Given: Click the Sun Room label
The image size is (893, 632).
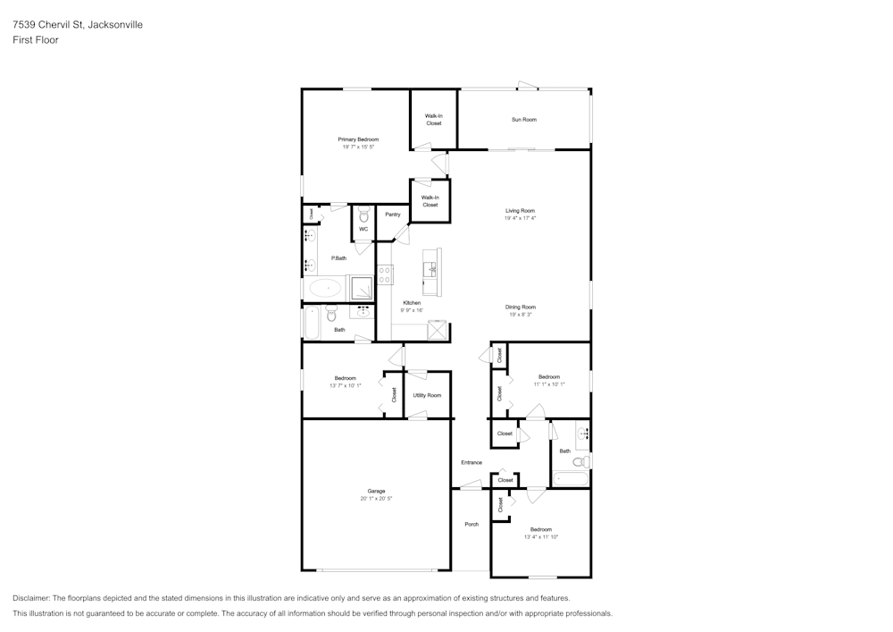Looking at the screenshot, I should point(523,120).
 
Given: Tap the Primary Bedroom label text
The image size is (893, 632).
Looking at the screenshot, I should point(357,139).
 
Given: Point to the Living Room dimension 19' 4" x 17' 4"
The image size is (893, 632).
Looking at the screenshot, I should point(520,218).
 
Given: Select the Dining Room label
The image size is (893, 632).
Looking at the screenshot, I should point(520,307).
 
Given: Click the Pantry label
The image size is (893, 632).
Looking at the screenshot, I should point(392,215).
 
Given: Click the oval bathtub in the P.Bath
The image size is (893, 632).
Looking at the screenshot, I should point(325,288).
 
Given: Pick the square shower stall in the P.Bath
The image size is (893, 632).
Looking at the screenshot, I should point(361,287).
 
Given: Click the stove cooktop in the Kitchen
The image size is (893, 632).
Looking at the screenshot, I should point(385,274).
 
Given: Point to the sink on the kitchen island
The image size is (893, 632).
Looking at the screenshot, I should point(430,267).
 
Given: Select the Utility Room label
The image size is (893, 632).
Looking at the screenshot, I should point(427,395).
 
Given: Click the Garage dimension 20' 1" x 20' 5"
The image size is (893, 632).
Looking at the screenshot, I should point(376,498).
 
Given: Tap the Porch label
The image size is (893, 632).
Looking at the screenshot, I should point(472,524).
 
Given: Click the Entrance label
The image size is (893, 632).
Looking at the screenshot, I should point(472,462).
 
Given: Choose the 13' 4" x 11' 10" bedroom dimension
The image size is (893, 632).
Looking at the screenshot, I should point(540,536).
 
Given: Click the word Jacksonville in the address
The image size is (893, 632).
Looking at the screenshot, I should point(113,25).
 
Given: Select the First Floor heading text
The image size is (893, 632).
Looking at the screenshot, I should point(36,40).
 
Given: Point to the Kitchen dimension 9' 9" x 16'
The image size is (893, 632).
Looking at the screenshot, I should point(411,310).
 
